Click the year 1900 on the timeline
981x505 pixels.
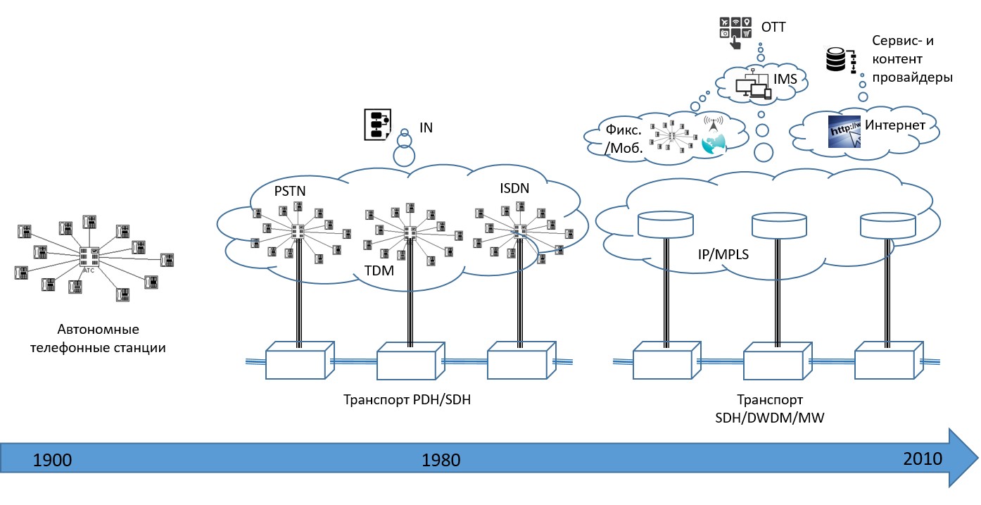(x=53, y=461)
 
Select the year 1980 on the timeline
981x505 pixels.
(x=441, y=461)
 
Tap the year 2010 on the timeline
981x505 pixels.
(x=923, y=459)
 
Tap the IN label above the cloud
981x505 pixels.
(x=426, y=127)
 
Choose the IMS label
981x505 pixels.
(x=785, y=80)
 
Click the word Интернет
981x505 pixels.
(x=894, y=125)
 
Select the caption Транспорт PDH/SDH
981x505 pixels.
(x=407, y=399)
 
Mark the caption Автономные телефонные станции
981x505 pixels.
(x=99, y=338)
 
